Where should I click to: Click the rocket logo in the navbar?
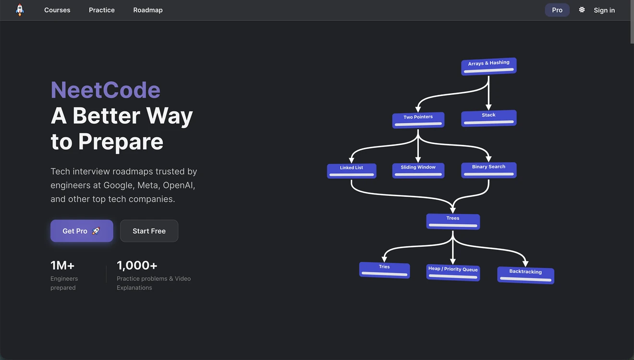pyautogui.click(x=20, y=10)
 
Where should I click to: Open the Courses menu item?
pyautogui.click(x=57, y=10)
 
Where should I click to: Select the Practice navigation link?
pyautogui.click(x=102, y=10)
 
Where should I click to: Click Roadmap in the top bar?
pyautogui.click(x=148, y=10)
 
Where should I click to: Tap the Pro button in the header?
pyautogui.click(x=557, y=10)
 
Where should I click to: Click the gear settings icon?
pyautogui.click(x=582, y=10)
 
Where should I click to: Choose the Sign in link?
pyautogui.click(x=604, y=10)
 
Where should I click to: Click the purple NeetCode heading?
pyautogui.click(x=105, y=90)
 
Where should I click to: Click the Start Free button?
pyautogui.click(x=149, y=231)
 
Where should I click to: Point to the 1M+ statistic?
pyautogui.click(x=62, y=265)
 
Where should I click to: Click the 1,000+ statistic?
pyautogui.click(x=137, y=265)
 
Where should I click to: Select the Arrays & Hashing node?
pyautogui.click(x=489, y=66)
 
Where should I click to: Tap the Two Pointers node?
pyautogui.click(x=418, y=120)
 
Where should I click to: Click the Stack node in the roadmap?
pyautogui.click(x=489, y=118)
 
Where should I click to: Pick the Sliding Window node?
pyautogui.click(x=418, y=170)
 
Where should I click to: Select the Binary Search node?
pyautogui.click(x=489, y=170)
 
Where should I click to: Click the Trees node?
pyautogui.click(x=453, y=221)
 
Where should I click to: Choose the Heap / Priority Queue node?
pyautogui.click(x=453, y=273)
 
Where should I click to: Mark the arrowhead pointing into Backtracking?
pyautogui.click(x=525, y=264)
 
